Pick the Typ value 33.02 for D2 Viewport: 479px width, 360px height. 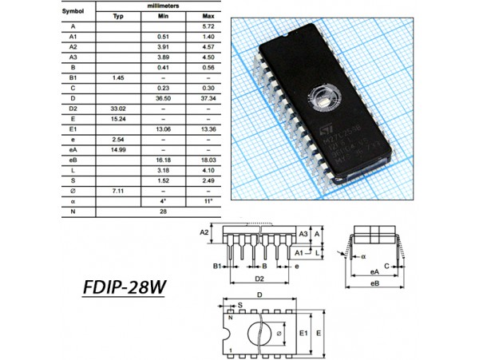point(118,107)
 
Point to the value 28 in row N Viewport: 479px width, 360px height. point(163,212)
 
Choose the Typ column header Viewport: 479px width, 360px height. point(118,16)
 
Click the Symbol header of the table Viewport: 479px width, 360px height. point(73,11)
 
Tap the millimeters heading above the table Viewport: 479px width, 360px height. point(163,6)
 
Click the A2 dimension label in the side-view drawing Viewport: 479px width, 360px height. point(204,232)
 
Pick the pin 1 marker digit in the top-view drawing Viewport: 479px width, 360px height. point(231,350)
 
